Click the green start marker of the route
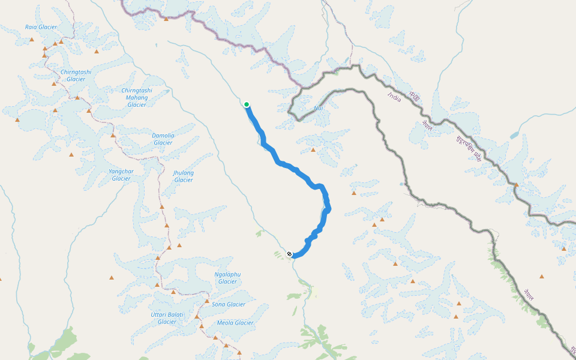click(x=247, y=104)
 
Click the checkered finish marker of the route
click(x=290, y=254)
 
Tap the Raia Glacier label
click(x=41, y=27)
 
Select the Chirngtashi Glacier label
click(x=76, y=76)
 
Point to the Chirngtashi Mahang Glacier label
click(x=137, y=97)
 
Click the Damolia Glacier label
click(x=163, y=139)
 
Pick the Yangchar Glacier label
click(x=121, y=175)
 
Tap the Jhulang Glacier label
click(x=184, y=176)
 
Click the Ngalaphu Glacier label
click(x=227, y=278)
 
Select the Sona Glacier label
click(x=229, y=304)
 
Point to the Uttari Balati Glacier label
click(x=167, y=318)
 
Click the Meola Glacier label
click(x=235, y=323)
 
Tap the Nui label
click(x=319, y=109)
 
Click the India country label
click(x=394, y=96)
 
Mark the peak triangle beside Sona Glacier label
click(x=207, y=301)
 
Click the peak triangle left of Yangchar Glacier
click(x=71, y=155)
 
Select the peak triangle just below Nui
click(x=313, y=149)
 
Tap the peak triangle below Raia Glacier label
click(x=32, y=40)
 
